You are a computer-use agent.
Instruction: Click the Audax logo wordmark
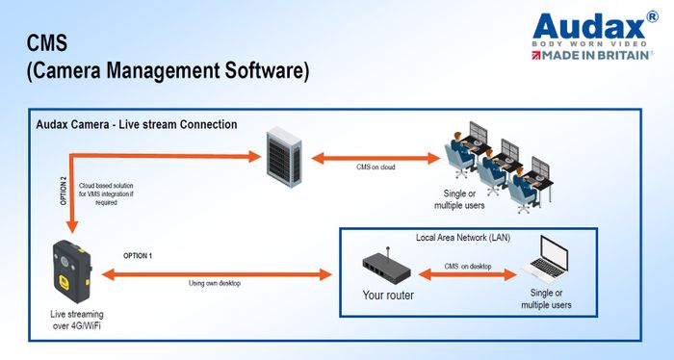tap(590, 25)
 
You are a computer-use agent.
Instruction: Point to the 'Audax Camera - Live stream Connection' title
tap(136, 125)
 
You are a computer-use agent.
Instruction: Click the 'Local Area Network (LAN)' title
tap(465, 237)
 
